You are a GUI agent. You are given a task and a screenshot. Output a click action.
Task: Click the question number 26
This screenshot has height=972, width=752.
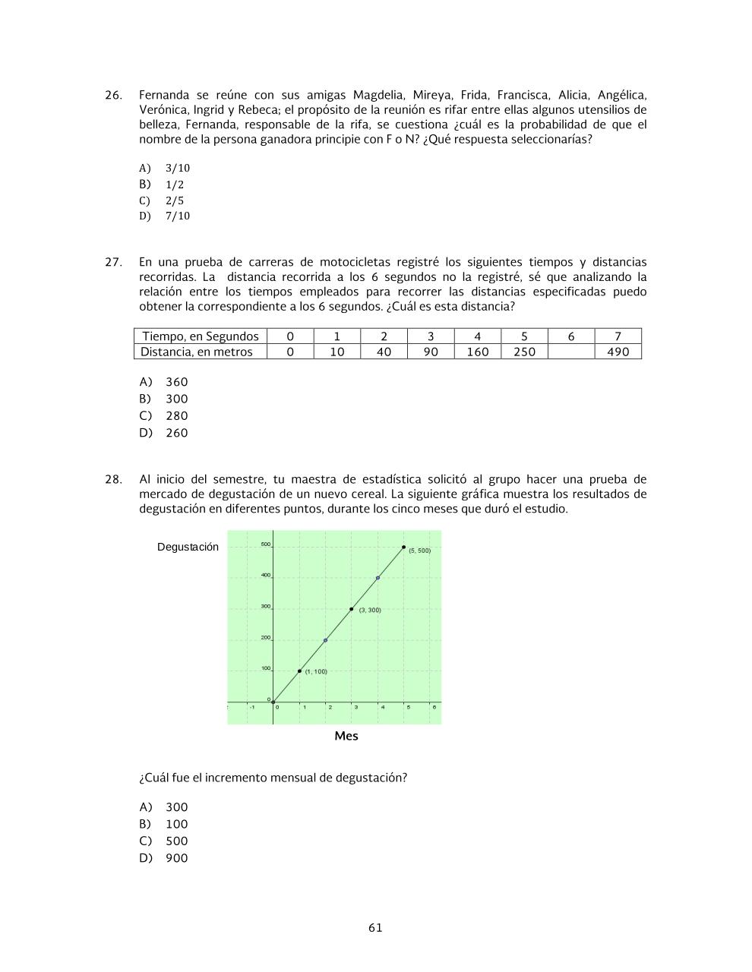point(113,96)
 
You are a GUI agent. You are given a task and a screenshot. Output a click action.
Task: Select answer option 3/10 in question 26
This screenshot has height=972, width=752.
point(177,168)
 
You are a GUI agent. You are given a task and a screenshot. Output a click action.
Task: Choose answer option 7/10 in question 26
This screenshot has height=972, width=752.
point(177,216)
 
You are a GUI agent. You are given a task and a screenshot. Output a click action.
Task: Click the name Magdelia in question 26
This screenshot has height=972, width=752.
point(378,96)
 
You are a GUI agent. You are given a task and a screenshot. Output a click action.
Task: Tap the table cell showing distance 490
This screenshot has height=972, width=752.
point(618,352)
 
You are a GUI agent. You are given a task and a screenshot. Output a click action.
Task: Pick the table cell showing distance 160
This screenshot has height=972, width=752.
point(477,352)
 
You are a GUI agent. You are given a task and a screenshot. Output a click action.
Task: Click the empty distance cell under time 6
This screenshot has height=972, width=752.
point(570,352)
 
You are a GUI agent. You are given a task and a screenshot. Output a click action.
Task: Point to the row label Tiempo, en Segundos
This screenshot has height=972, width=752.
point(201,336)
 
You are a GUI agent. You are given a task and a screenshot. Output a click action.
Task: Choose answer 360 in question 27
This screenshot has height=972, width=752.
point(176,382)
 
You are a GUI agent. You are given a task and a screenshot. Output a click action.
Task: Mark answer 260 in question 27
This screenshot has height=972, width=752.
point(176,433)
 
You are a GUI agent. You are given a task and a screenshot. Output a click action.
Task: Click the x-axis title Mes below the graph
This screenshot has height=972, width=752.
point(346,736)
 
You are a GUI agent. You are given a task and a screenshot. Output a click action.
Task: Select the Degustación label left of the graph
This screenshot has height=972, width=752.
point(188,547)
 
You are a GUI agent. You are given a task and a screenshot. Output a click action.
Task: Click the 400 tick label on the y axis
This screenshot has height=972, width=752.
point(266,575)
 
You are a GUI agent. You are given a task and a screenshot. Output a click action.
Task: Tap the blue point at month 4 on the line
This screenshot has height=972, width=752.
point(378,578)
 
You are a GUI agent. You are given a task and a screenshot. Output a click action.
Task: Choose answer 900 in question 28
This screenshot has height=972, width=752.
point(176,858)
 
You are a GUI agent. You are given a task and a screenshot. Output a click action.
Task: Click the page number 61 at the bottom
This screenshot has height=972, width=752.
point(375,927)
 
